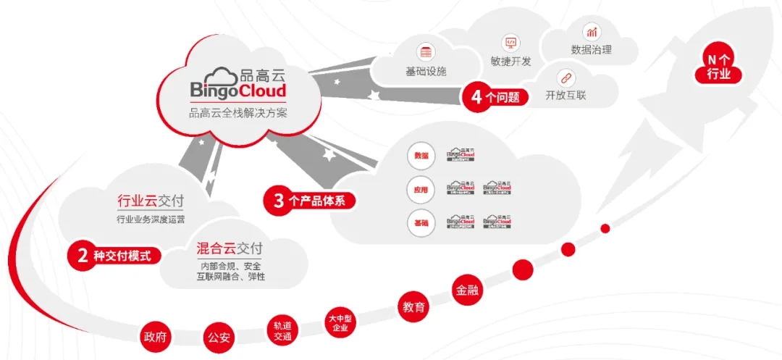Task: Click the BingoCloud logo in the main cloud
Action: coord(238,83)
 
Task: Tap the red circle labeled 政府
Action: coord(156,337)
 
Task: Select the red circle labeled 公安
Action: coord(219,338)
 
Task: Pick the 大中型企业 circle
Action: coord(339,323)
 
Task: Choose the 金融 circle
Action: coord(468,290)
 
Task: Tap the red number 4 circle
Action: coord(477,97)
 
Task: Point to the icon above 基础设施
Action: coord(425,52)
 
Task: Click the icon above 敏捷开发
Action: coord(510,42)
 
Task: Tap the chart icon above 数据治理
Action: coord(592,31)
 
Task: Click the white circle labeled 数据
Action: coord(421,156)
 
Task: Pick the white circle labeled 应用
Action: coord(421,189)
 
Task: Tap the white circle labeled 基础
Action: coord(421,222)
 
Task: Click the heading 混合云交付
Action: coord(230,248)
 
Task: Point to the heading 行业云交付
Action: coord(151,201)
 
